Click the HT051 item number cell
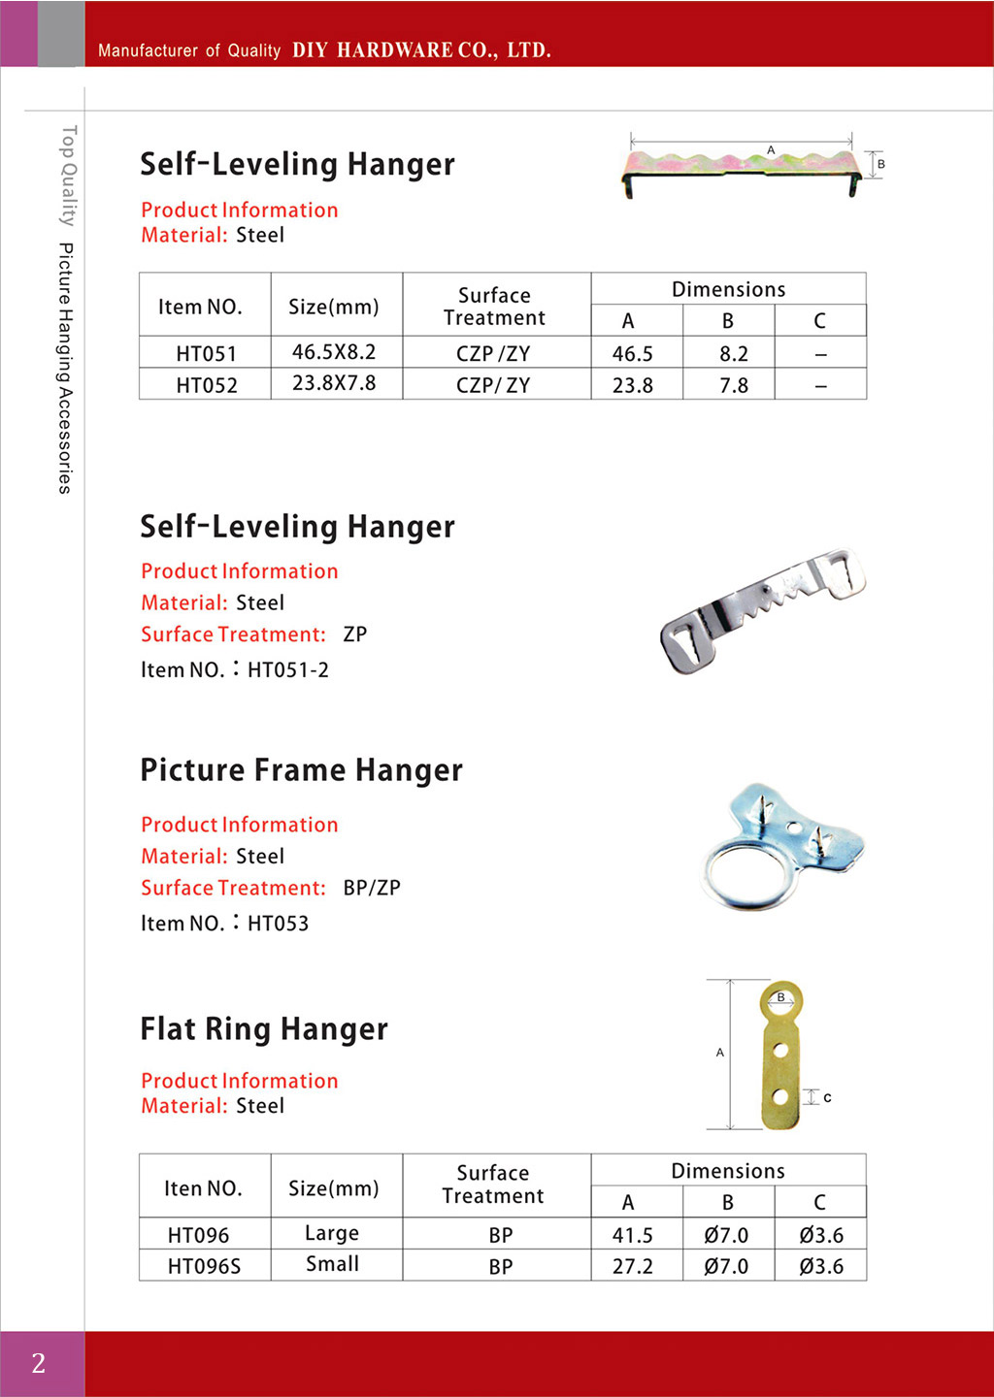[x=206, y=353]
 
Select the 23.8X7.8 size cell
[x=334, y=383]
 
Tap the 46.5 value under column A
[x=633, y=354]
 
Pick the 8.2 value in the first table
[x=734, y=354]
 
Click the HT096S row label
[x=204, y=1266]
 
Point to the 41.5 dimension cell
[x=633, y=1235]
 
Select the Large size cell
[x=332, y=1233]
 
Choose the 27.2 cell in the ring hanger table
[x=633, y=1266]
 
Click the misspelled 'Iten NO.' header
[x=203, y=1188]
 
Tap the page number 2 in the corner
[x=39, y=1363]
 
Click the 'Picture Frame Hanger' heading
[x=301, y=770]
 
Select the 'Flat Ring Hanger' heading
[x=264, y=1029]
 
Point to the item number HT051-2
[x=288, y=669]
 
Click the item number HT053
[x=279, y=924]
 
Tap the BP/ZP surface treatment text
[x=372, y=888]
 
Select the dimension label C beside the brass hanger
[x=827, y=1097]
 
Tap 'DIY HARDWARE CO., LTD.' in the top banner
[x=421, y=50]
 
